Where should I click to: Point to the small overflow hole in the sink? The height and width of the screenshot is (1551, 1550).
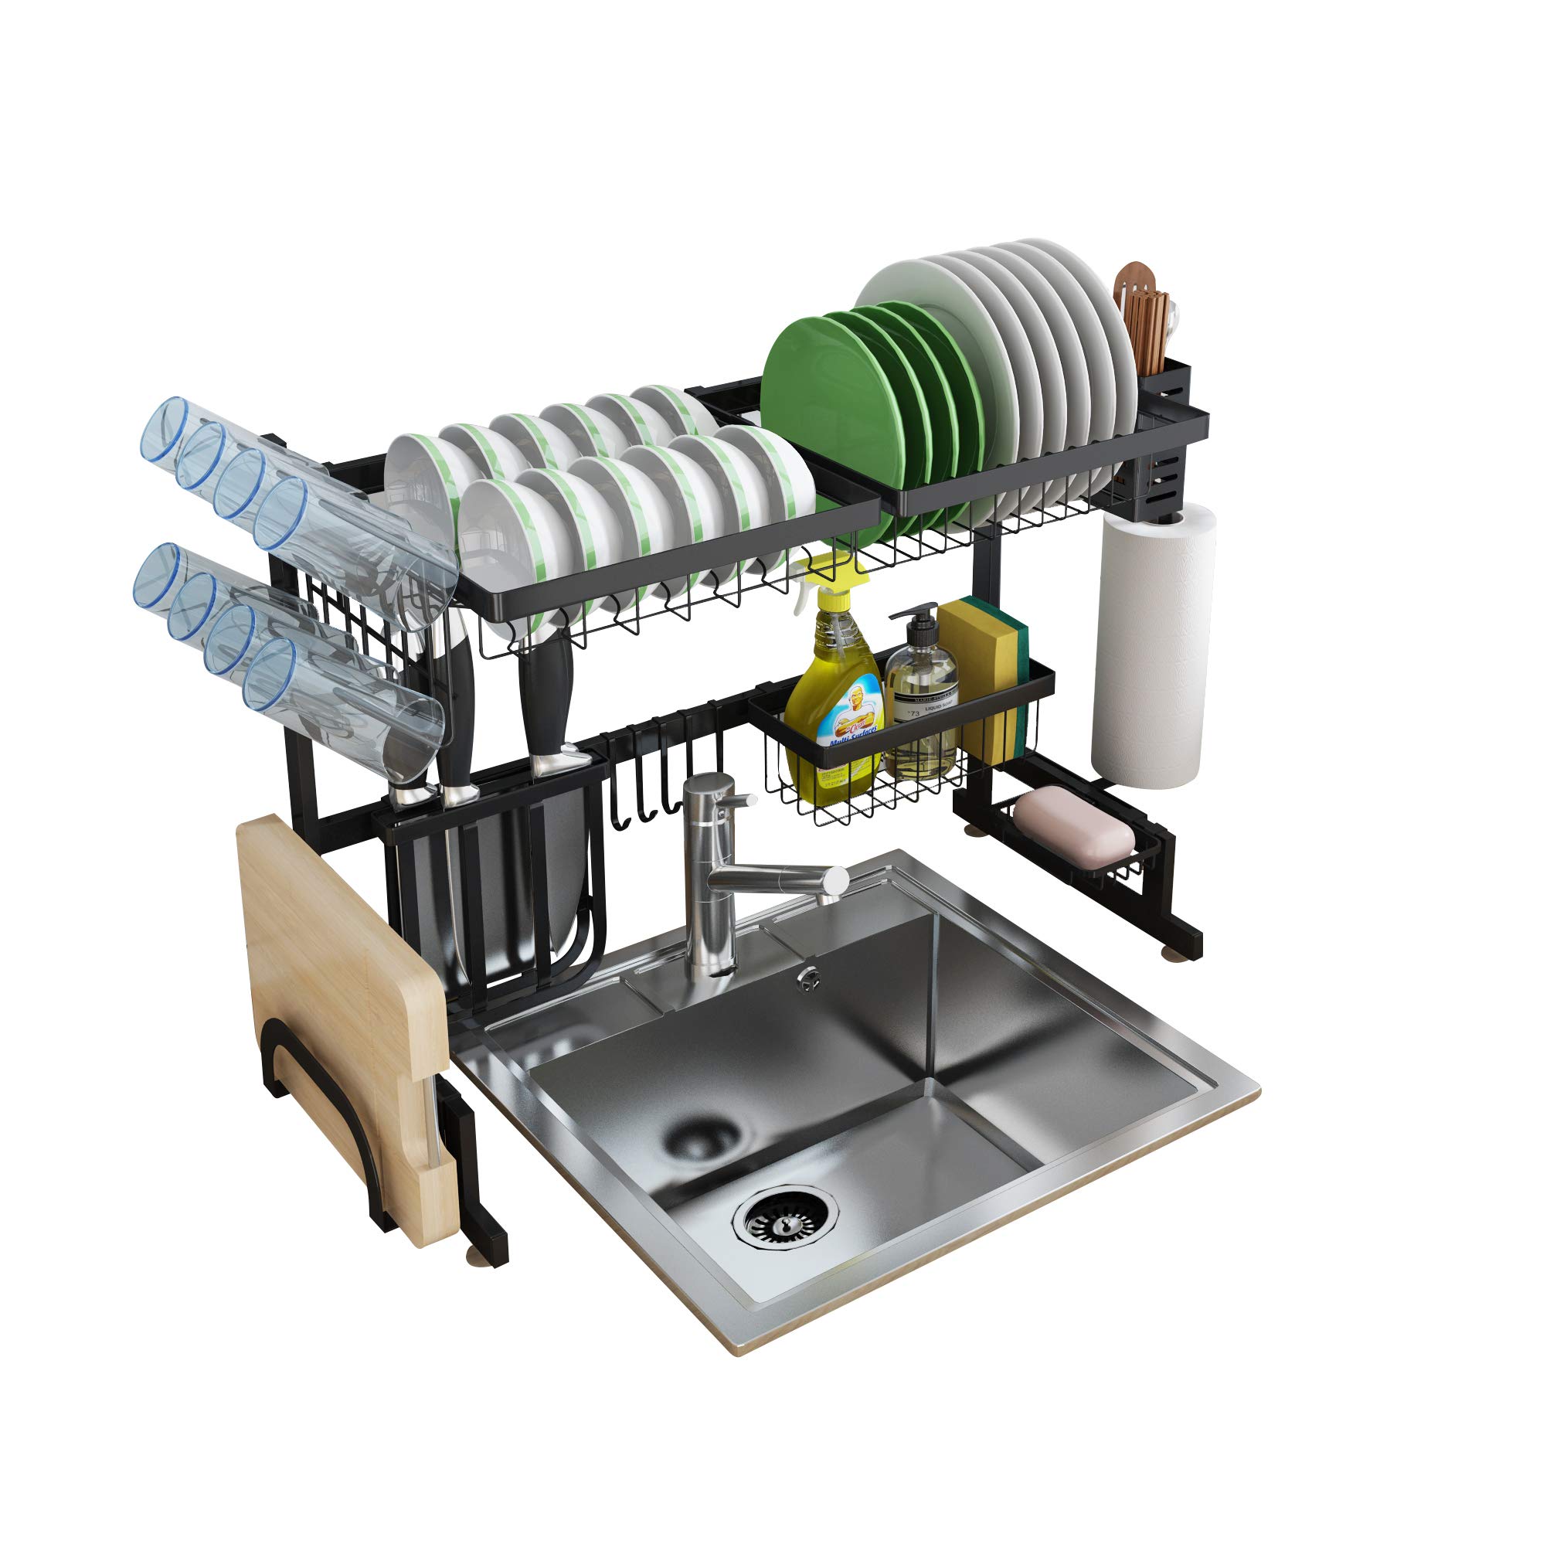click(807, 977)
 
